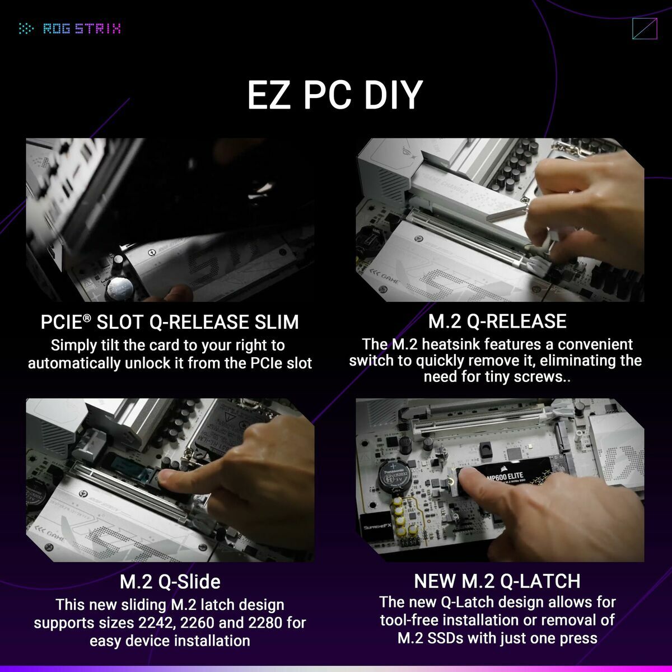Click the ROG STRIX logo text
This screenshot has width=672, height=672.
tap(82, 29)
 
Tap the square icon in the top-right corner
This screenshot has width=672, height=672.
tap(644, 29)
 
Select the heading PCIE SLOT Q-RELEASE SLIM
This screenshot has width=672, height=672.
tap(170, 322)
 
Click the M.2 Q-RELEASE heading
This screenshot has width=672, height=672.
tap(497, 321)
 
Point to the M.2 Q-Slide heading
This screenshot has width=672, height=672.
tap(170, 582)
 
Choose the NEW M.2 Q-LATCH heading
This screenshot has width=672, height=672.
tap(497, 581)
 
